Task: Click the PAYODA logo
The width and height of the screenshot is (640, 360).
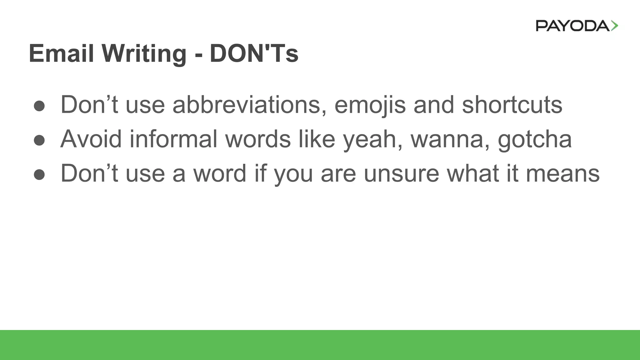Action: pyautogui.click(x=577, y=26)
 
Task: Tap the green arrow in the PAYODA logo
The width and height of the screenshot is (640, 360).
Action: pyautogui.click(x=614, y=26)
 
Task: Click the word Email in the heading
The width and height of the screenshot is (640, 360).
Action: pyautogui.click(x=61, y=53)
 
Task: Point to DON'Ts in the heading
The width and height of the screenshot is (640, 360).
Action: pyautogui.click(x=254, y=53)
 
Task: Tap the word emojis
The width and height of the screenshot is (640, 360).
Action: pyautogui.click(x=370, y=105)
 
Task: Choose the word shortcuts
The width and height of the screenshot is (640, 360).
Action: pyautogui.click(x=512, y=105)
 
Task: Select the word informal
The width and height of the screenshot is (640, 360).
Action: pyautogui.click(x=173, y=139)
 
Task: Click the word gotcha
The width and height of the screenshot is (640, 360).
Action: pyautogui.click(x=535, y=140)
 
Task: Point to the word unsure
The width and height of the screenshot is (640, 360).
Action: pyautogui.click(x=402, y=173)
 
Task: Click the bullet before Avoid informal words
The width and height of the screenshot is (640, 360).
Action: pyautogui.click(x=39, y=140)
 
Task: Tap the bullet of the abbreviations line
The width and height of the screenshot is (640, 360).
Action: pyautogui.click(x=39, y=106)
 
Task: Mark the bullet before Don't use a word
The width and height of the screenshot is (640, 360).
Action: pyautogui.click(x=39, y=175)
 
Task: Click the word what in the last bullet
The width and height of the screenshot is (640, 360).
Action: pyautogui.click(x=473, y=173)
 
